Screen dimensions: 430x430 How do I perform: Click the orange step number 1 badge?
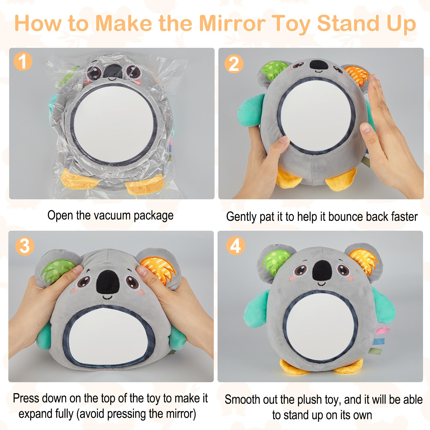pos(23,61)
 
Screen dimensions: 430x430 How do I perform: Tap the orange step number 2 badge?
pos(234,64)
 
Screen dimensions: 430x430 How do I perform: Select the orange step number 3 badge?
pos(25,246)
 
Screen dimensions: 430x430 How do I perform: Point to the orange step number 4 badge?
pos(236,245)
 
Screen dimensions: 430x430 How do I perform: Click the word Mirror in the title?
pos(232,23)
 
